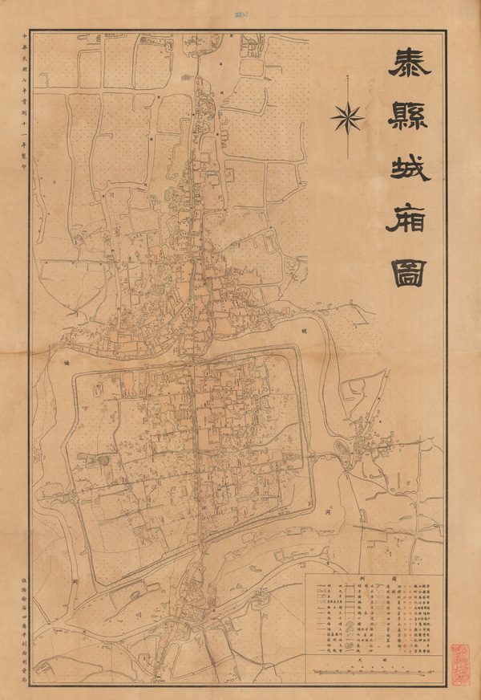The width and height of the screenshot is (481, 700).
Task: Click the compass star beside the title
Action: point(347,119)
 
